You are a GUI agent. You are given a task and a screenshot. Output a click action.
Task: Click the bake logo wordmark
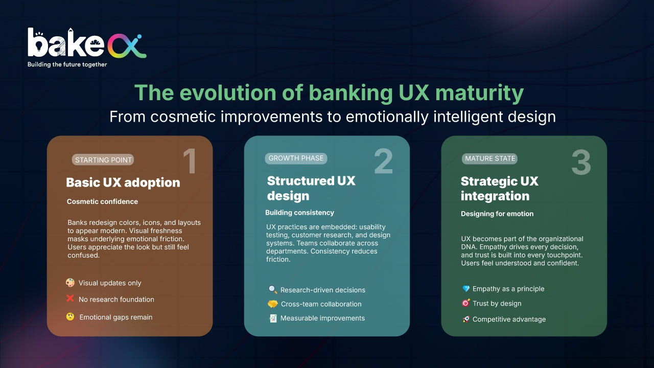click(x=87, y=44)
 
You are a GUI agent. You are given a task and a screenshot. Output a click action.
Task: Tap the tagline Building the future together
click(x=67, y=64)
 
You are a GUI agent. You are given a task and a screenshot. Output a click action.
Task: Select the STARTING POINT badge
click(x=103, y=160)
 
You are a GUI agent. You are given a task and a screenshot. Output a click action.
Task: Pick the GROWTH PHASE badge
click(x=296, y=158)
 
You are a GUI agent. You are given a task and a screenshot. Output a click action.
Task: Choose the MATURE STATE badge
click(x=489, y=158)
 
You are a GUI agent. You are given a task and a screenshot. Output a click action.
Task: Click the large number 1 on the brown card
click(x=190, y=161)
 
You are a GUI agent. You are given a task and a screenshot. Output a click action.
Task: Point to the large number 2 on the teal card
click(x=383, y=161)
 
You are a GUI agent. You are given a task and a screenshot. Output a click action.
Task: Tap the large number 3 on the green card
click(x=581, y=162)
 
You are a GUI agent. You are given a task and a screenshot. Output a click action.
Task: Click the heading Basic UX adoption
click(x=123, y=182)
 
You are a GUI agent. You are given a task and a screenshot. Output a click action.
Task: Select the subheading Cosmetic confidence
click(x=102, y=201)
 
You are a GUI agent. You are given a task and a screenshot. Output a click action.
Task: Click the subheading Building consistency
click(x=299, y=213)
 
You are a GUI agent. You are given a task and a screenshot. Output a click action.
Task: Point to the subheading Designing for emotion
click(x=497, y=214)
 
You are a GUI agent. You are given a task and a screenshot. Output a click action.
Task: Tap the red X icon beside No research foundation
click(x=70, y=298)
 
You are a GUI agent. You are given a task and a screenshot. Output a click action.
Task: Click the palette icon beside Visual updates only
click(x=70, y=283)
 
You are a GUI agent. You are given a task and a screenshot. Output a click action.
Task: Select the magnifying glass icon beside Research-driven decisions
click(x=273, y=289)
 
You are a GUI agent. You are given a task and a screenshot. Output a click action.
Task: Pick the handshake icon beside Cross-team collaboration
click(x=273, y=304)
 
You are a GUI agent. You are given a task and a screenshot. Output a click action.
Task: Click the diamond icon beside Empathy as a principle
click(x=466, y=289)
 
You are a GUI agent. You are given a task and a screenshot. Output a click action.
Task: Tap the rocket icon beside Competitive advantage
click(x=466, y=319)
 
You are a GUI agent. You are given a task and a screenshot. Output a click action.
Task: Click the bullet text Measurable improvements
click(x=322, y=318)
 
